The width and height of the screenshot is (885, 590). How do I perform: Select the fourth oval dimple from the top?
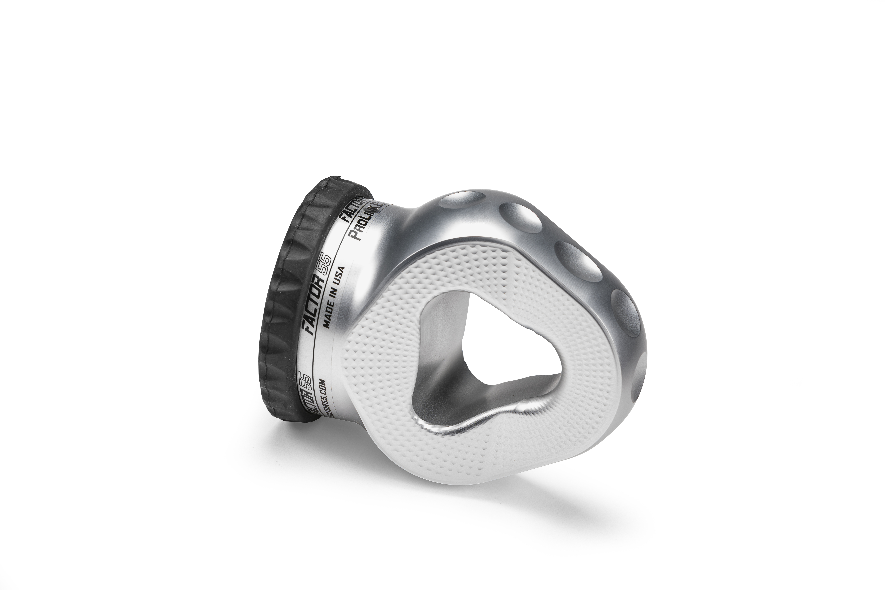click(625, 312)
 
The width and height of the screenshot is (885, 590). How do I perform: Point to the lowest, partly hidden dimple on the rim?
click(640, 380)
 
